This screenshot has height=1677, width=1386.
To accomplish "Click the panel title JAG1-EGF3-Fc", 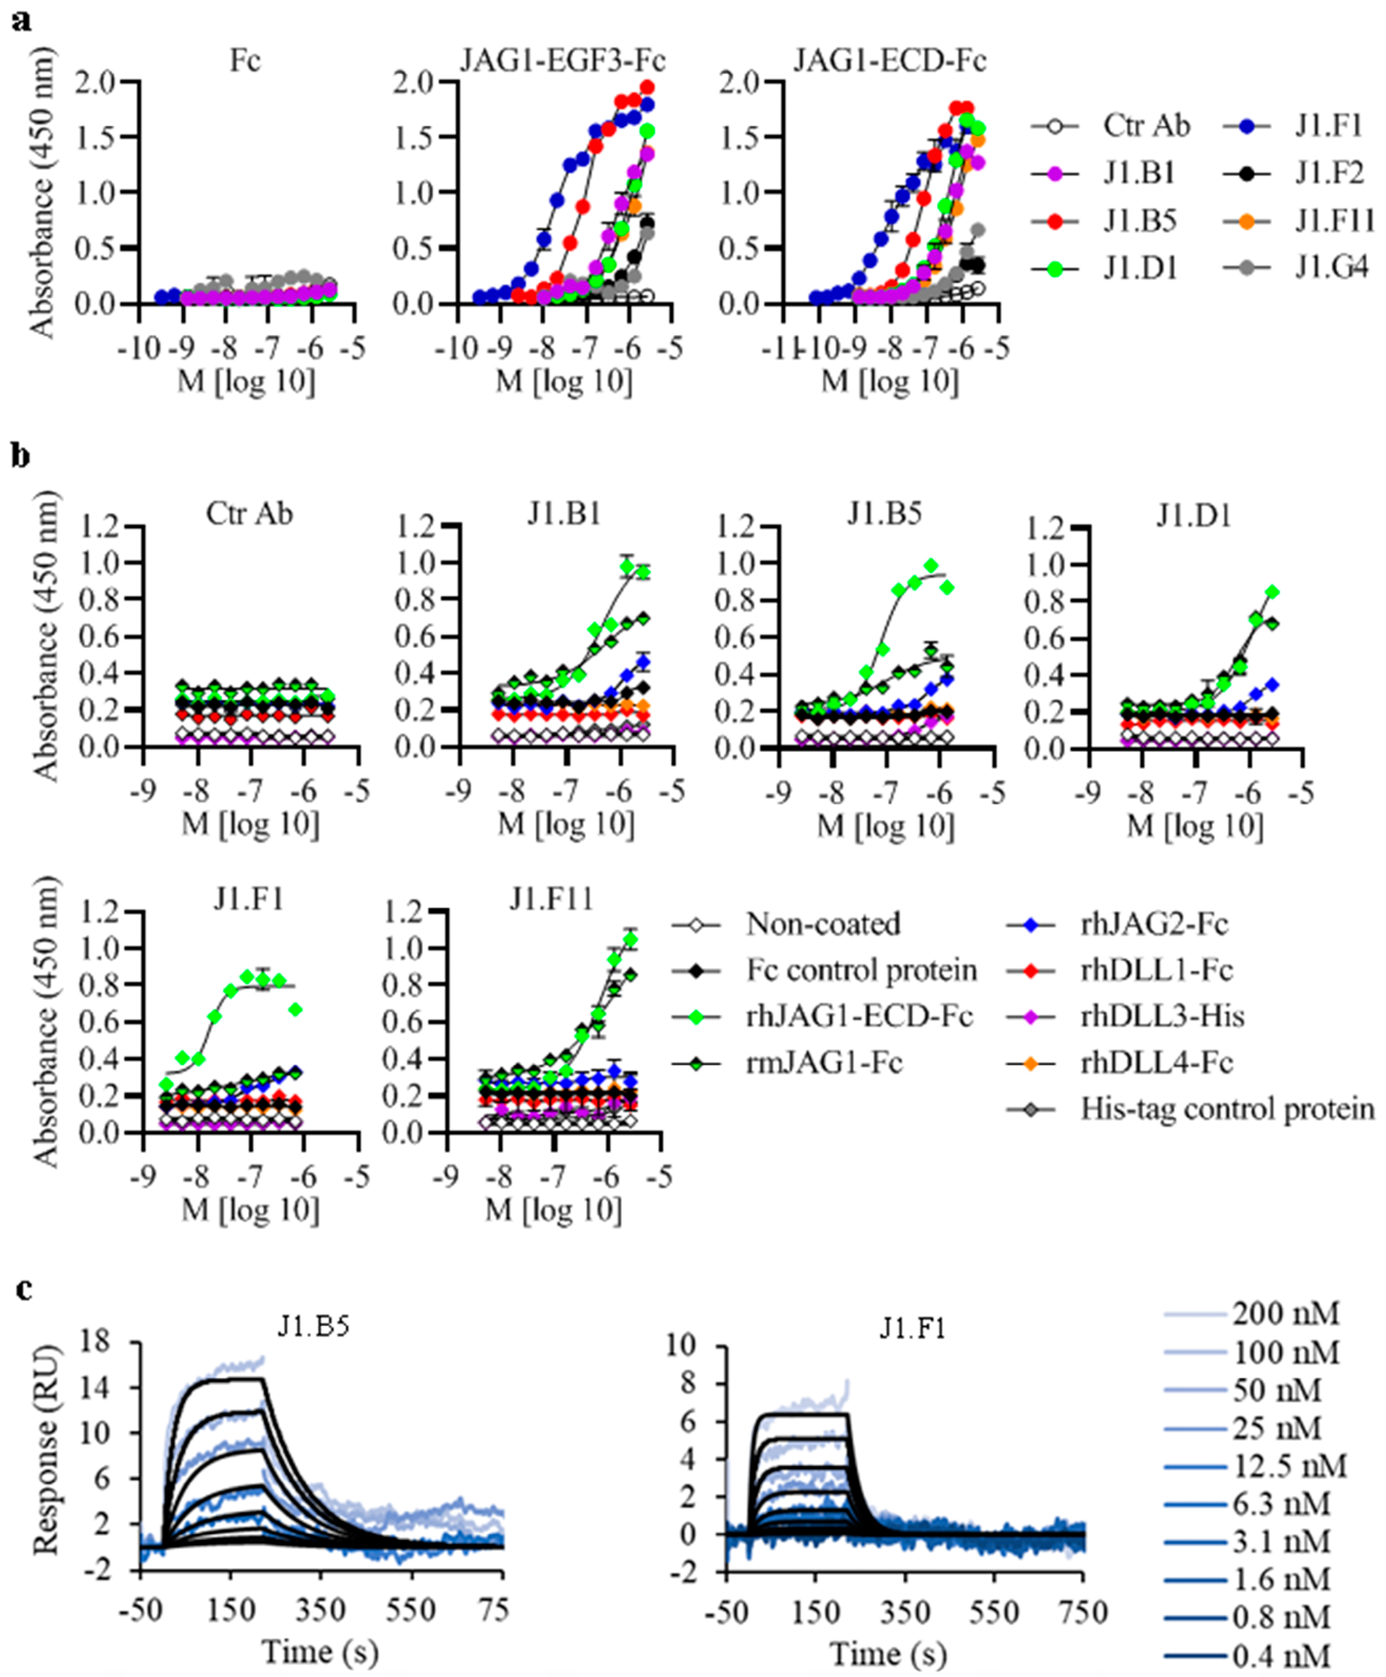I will click(x=563, y=62).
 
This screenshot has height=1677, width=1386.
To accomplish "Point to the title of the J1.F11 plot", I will click(x=552, y=900).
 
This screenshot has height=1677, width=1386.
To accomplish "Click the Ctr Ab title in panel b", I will click(x=249, y=513).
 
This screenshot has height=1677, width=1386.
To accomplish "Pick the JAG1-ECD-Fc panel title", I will click(x=889, y=62).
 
